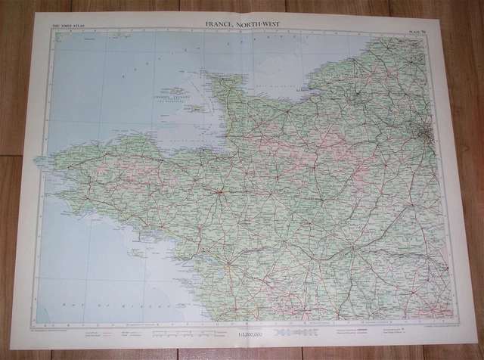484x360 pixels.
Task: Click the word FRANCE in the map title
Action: coord(221,23)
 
